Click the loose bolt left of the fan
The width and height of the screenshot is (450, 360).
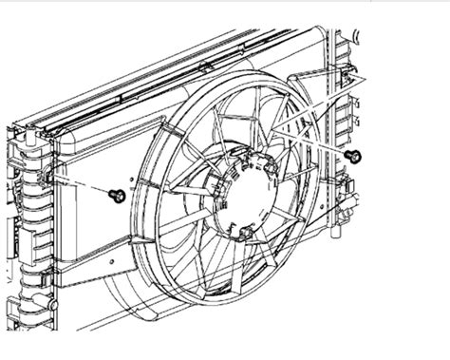pos(118,195)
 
